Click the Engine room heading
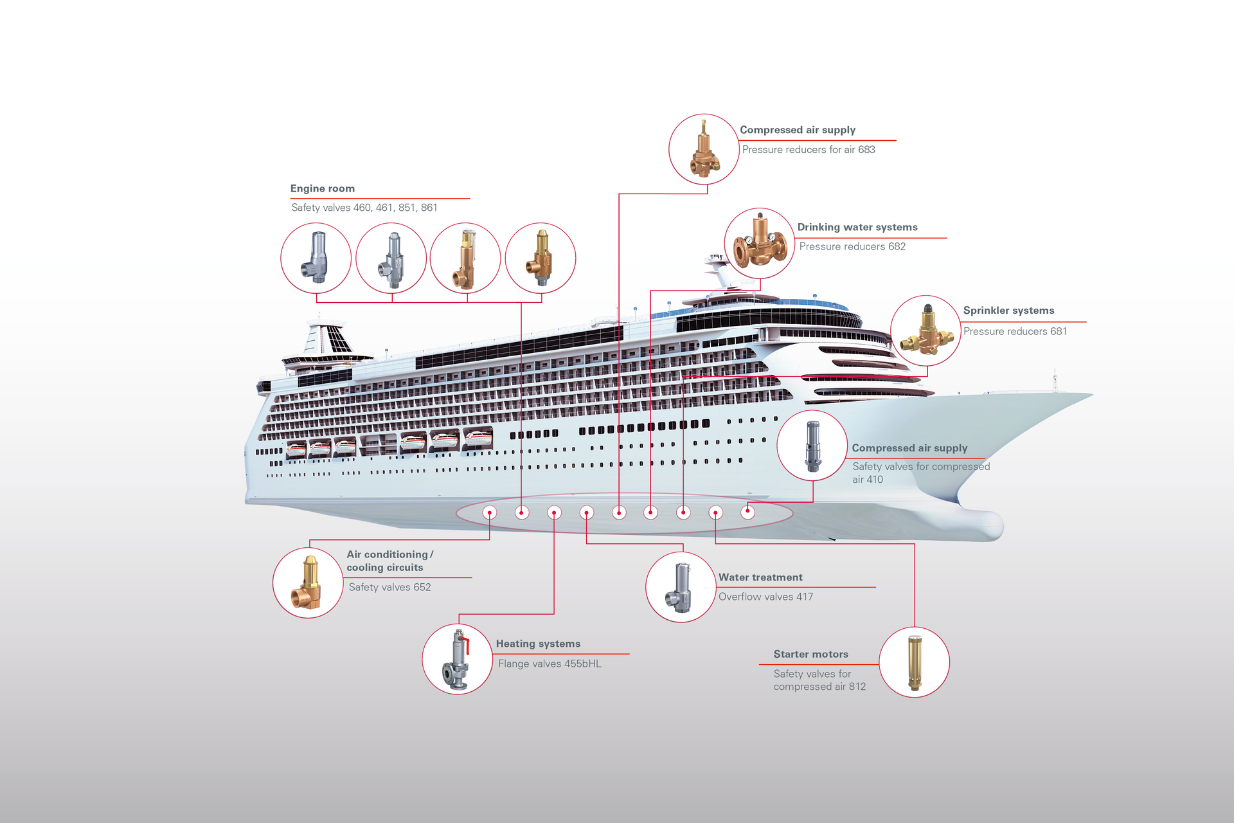[x=322, y=188]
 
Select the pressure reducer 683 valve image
[x=704, y=149]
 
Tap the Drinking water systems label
[x=857, y=227]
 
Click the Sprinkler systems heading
[x=1008, y=311]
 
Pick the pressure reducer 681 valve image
[x=927, y=330]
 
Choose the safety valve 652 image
[x=307, y=583]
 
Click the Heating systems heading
[x=538, y=644]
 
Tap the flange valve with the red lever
[x=456, y=660]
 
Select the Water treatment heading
[x=760, y=577]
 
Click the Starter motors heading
[x=810, y=654]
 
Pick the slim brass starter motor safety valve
[x=914, y=662]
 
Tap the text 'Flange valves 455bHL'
[x=550, y=664]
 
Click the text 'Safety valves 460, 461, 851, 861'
[x=364, y=208]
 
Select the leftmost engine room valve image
[x=315, y=258]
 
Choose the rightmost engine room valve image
[x=540, y=258]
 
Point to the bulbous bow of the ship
[x=977, y=524]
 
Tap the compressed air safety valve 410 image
[x=812, y=446]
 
